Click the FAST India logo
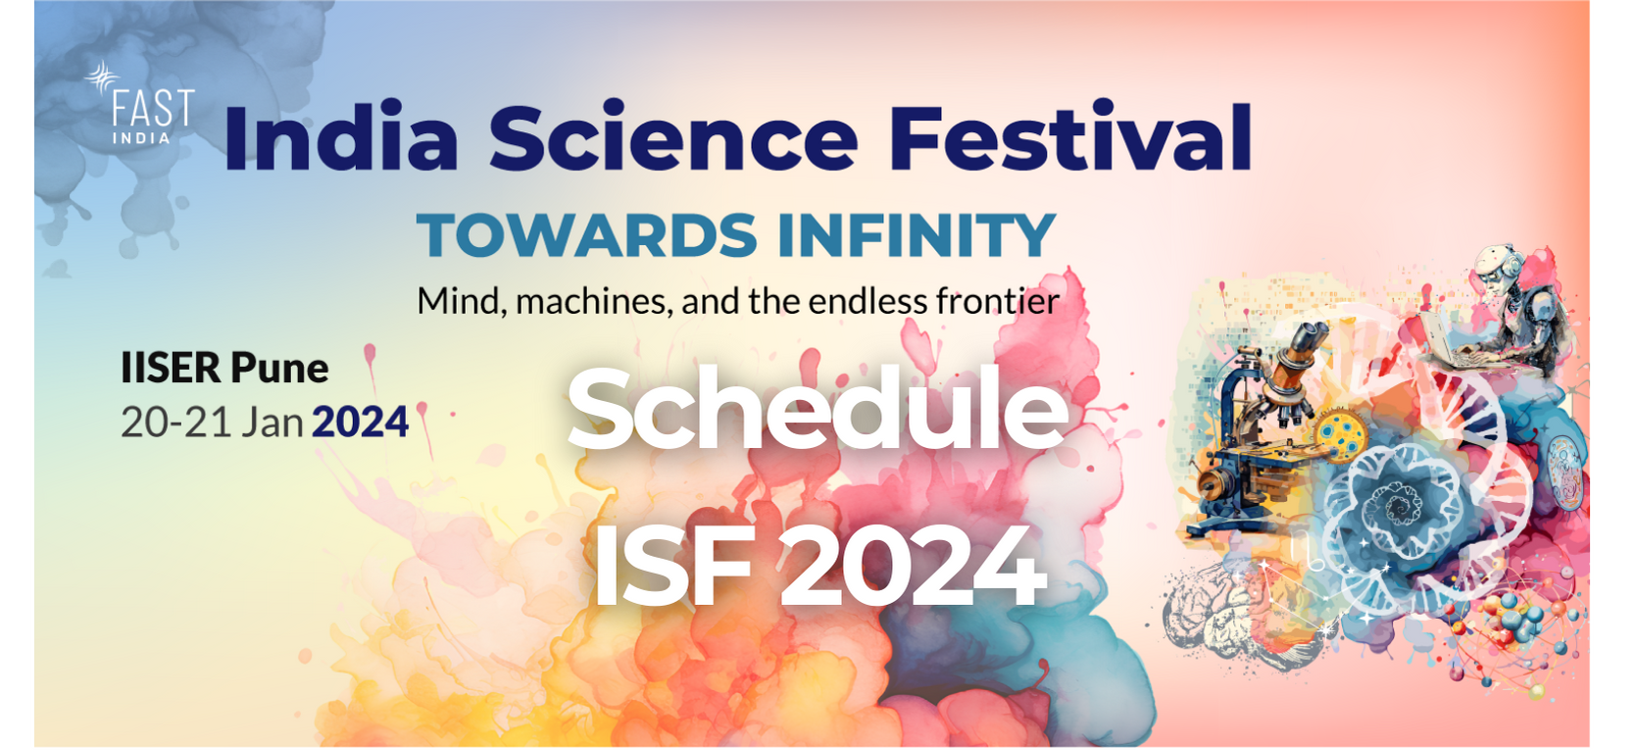tap(140, 103)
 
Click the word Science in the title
tap(673, 137)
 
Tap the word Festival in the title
tap(1070, 137)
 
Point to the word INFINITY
tap(917, 235)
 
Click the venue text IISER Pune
tap(224, 369)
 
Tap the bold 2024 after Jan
tap(360, 423)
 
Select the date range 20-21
tap(175, 423)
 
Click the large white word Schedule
tap(818, 409)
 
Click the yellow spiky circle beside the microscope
tap(1341, 435)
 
